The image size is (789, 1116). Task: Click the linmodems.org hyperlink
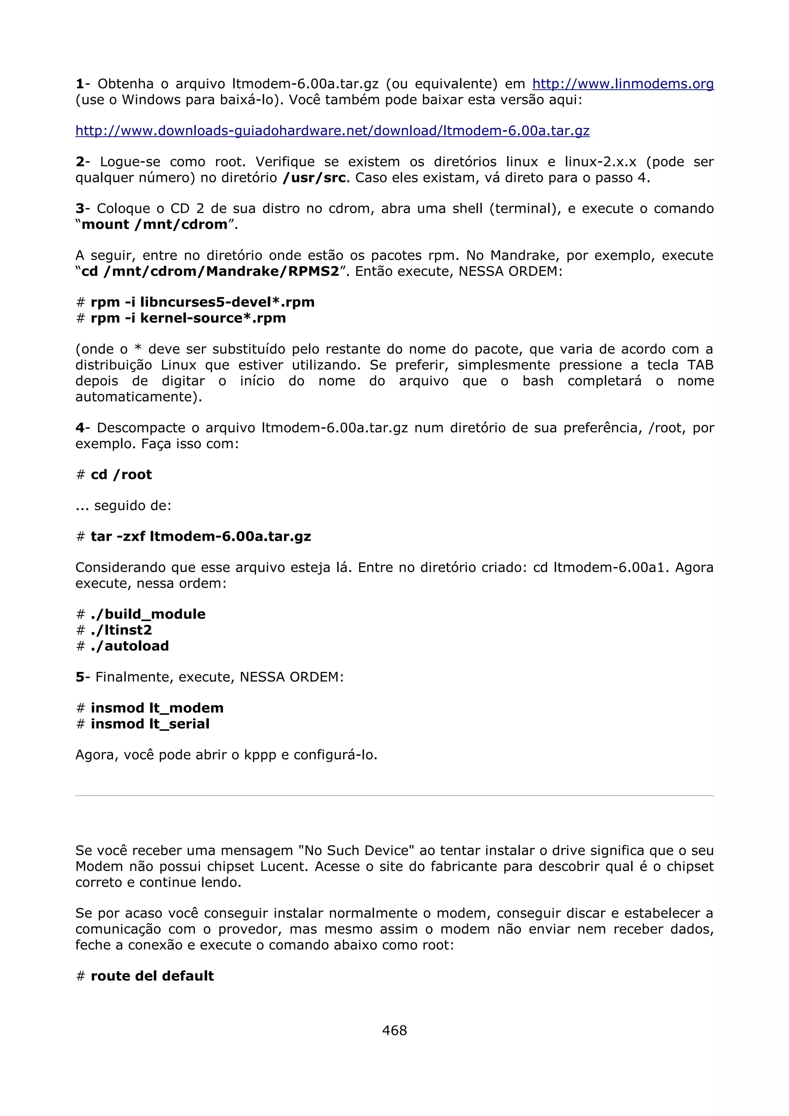(x=623, y=84)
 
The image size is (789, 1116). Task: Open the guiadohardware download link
(x=332, y=131)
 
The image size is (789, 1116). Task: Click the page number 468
(x=394, y=1029)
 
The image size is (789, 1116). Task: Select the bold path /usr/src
(x=314, y=178)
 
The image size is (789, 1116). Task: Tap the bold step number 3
(x=80, y=208)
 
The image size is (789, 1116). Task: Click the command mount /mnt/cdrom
(x=154, y=225)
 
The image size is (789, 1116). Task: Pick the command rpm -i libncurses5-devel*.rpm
(x=202, y=302)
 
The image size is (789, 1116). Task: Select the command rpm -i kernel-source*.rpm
(x=188, y=318)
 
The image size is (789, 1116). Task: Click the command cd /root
(x=121, y=474)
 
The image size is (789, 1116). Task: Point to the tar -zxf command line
(x=201, y=536)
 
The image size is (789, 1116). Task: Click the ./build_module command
(x=148, y=614)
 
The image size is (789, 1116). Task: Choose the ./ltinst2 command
(x=121, y=630)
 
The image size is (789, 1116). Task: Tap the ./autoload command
(x=130, y=646)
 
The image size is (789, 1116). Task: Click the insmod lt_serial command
(x=150, y=724)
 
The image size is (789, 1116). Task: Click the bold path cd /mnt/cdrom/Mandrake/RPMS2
(x=210, y=271)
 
